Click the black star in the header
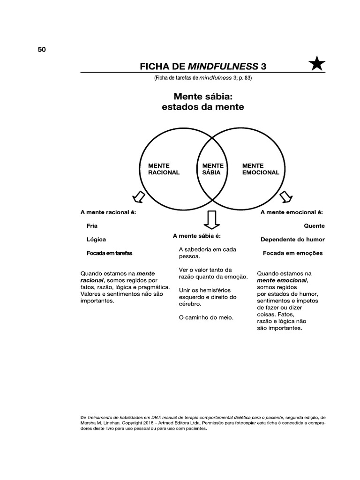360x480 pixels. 317,64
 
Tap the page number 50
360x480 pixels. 41,50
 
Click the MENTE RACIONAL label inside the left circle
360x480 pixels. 164,169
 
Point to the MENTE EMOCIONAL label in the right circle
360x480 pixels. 260,169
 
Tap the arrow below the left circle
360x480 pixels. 139,196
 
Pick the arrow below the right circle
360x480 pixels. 285,197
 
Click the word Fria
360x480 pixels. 92,225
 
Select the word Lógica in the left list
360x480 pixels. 96,239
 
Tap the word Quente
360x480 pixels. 314,225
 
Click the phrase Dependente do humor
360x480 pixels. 292,239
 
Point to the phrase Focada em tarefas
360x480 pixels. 109,253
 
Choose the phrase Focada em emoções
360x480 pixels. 292,253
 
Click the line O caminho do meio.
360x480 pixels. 206,317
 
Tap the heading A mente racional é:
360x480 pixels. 108,212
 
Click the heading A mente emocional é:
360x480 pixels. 292,212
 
